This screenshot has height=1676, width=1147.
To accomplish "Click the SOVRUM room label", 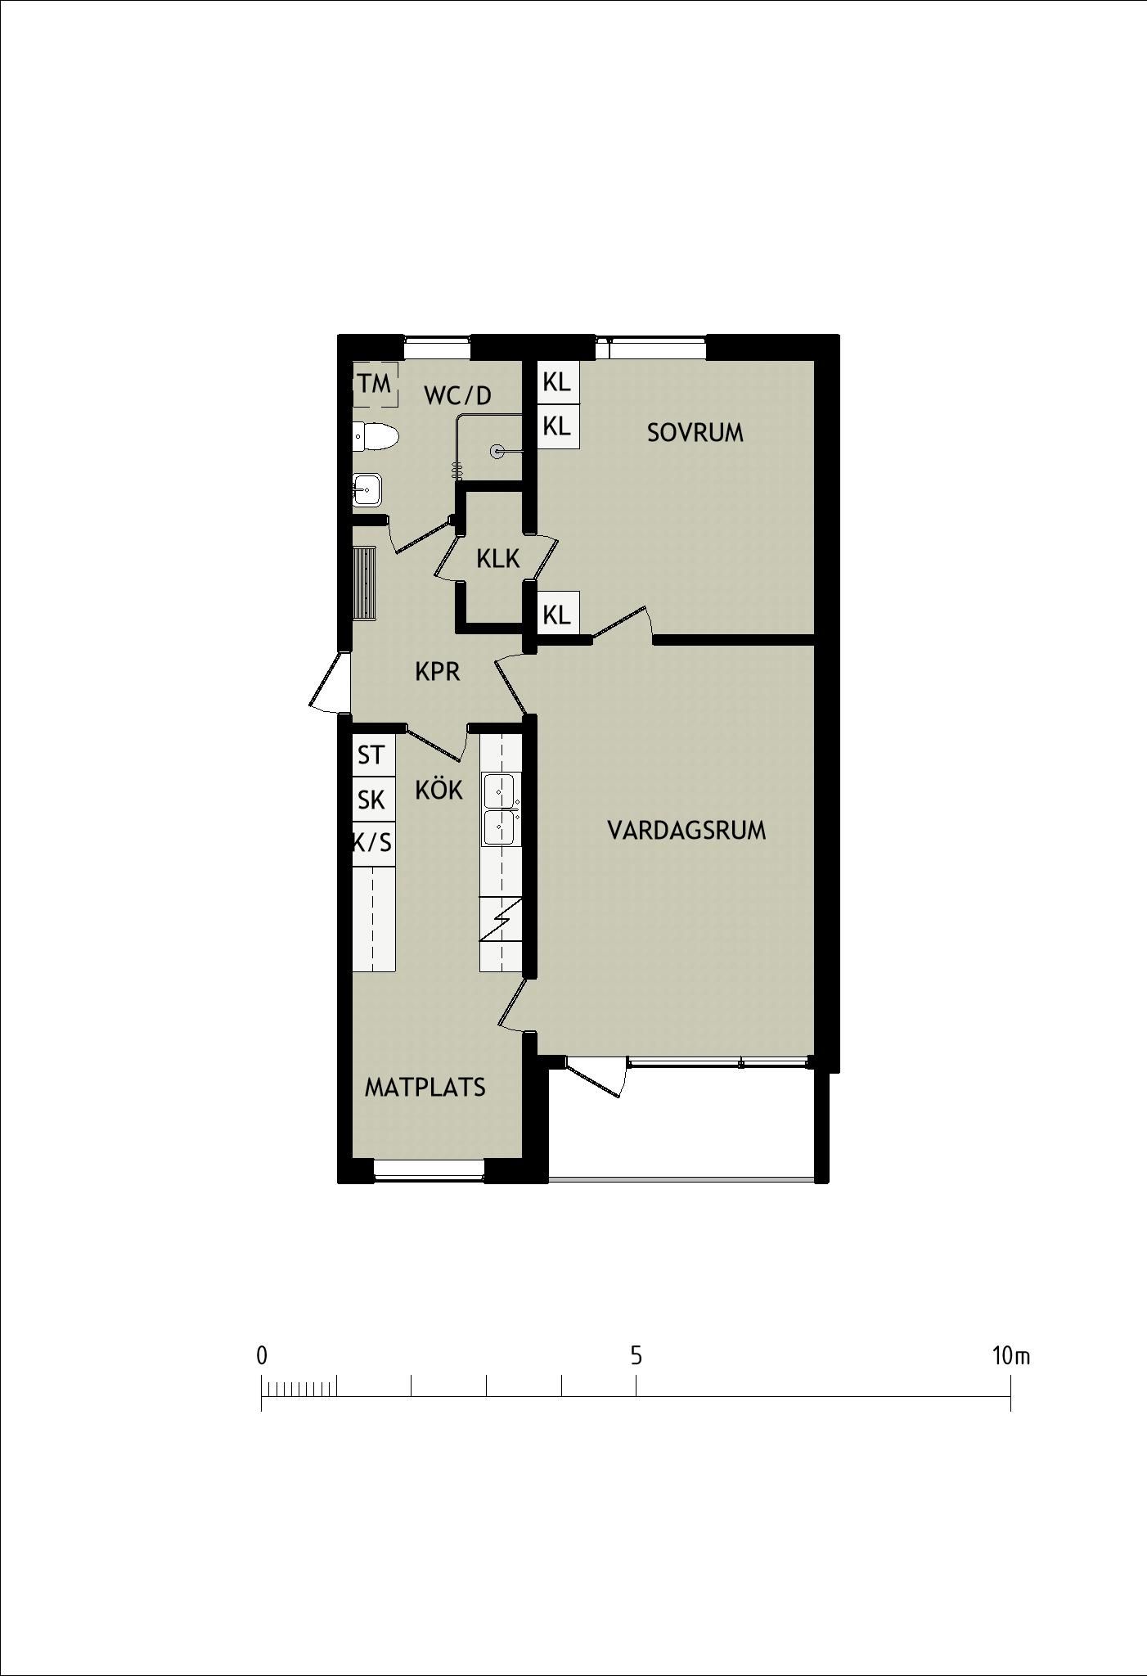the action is [x=695, y=432].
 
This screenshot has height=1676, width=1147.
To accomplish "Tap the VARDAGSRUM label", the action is [x=687, y=831].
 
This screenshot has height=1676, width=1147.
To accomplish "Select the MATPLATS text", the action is [x=425, y=1087].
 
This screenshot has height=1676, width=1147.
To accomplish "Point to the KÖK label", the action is [x=439, y=790].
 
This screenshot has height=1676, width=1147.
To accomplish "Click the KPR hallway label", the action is [x=438, y=672].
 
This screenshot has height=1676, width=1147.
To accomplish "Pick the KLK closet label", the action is [x=498, y=559].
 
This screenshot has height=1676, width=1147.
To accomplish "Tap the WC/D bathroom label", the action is [x=458, y=396].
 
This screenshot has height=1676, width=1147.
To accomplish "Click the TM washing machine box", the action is [x=375, y=383].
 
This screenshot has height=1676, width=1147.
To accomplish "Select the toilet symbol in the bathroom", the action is [x=376, y=437].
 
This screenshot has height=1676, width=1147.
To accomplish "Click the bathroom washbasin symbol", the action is [x=367, y=490].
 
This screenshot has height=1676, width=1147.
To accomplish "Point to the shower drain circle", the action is [x=497, y=452].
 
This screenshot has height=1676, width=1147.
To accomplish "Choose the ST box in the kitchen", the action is [x=374, y=755].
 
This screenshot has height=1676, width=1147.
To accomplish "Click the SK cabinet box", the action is [x=374, y=800].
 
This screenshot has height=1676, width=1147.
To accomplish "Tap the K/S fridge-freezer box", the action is [x=374, y=844].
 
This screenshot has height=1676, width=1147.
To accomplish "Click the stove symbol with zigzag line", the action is [x=501, y=919].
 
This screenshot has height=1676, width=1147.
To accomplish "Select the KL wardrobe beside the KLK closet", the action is [x=558, y=613].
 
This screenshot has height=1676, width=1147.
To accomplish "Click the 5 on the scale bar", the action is [x=636, y=1357].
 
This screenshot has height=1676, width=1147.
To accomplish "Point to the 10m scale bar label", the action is [x=1011, y=1357].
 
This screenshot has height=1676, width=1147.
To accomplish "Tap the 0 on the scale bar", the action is [x=262, y=1357].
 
